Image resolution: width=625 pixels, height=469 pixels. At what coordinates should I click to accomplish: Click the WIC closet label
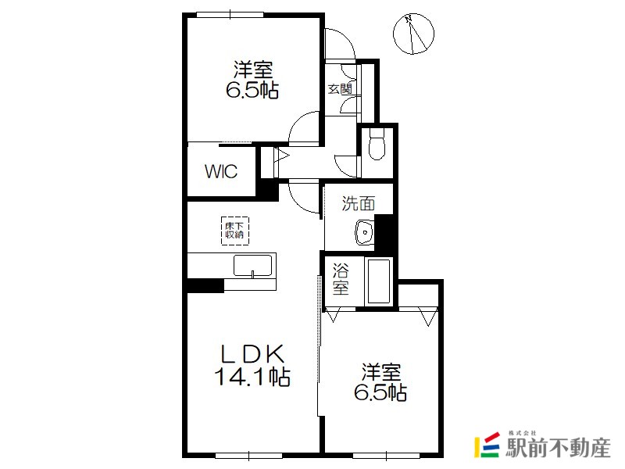pos(221,171)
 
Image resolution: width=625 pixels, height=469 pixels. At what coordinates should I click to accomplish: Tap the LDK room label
pos(252,353)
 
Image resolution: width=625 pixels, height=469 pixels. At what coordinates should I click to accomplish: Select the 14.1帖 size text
pos(252,377)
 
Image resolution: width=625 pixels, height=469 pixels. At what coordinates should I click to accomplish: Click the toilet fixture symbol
pos(377,144)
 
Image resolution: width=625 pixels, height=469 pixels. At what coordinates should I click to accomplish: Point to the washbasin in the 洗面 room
pos(365,231)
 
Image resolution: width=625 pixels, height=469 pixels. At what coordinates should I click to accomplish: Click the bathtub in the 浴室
pos(379,281)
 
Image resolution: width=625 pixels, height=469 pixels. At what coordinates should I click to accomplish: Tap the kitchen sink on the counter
pos(252,266)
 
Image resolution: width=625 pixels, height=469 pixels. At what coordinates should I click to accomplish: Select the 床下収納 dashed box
pos(235,231)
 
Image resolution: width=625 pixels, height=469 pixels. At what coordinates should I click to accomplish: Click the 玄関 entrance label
pos(340,89)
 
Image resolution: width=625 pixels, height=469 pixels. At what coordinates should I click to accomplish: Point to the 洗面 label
pos(359,203)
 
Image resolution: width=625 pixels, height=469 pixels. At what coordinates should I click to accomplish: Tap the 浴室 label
pos(341,279)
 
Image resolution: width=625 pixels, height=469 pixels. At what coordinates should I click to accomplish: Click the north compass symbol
pos(413,34)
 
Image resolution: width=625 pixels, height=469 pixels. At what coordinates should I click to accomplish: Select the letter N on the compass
pos(408,19)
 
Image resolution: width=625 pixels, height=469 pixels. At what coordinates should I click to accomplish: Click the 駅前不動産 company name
pos(558,448)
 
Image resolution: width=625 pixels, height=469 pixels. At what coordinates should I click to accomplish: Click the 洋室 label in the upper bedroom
pos(252,69)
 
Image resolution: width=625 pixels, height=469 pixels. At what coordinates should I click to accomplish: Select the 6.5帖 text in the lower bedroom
pos(380,393)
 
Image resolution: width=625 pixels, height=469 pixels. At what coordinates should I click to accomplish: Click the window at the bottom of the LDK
pos(249,455)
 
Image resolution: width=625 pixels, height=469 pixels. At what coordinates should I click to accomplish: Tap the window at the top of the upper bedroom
pos(230,15)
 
